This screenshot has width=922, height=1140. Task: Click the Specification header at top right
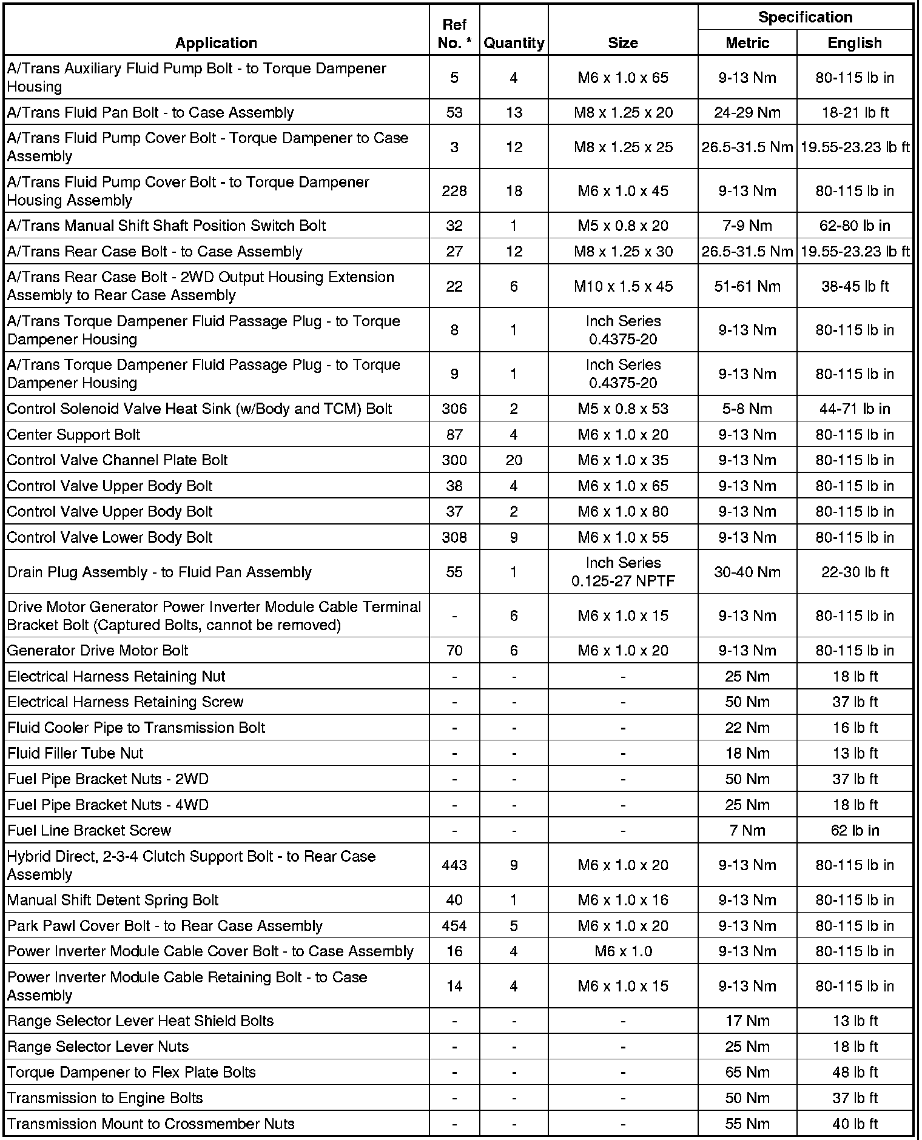click(x=805, y=17)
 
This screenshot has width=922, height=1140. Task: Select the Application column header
click(x=216, y=42)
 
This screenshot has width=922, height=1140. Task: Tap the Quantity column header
click(x=514, y=42)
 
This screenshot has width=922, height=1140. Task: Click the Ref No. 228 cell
click(x=454, y=191)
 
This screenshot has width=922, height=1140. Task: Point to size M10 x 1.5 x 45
click(x=623, y=286)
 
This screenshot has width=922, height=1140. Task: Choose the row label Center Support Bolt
click(x=73, y=435)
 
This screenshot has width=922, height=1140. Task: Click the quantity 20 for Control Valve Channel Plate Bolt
click(x=514, y=460)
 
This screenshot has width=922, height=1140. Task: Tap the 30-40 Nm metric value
click(x=747, y=572)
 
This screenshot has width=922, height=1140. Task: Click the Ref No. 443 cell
click(x=454, y=865)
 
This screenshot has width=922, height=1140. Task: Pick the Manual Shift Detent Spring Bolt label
click(x=113, y=900)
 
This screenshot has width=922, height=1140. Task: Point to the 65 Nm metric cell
click(x=747, y=1072)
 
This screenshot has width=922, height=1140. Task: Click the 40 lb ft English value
click(x=855, y=1124)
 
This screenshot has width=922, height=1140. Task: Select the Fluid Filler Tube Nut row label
click(x=75, y=753)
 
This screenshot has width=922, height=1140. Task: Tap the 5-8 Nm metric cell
click(x=747, y=409)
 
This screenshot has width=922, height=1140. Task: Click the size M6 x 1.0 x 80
click(x=623, y=512)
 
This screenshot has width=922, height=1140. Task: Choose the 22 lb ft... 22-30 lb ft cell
click(x=855, y=572)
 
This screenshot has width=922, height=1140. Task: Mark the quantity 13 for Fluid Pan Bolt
click(x=514, y=112)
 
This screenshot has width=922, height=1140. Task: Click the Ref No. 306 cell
click(x=454, y=409)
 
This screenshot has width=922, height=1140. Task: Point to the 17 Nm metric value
click(x=747, y=1021)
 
